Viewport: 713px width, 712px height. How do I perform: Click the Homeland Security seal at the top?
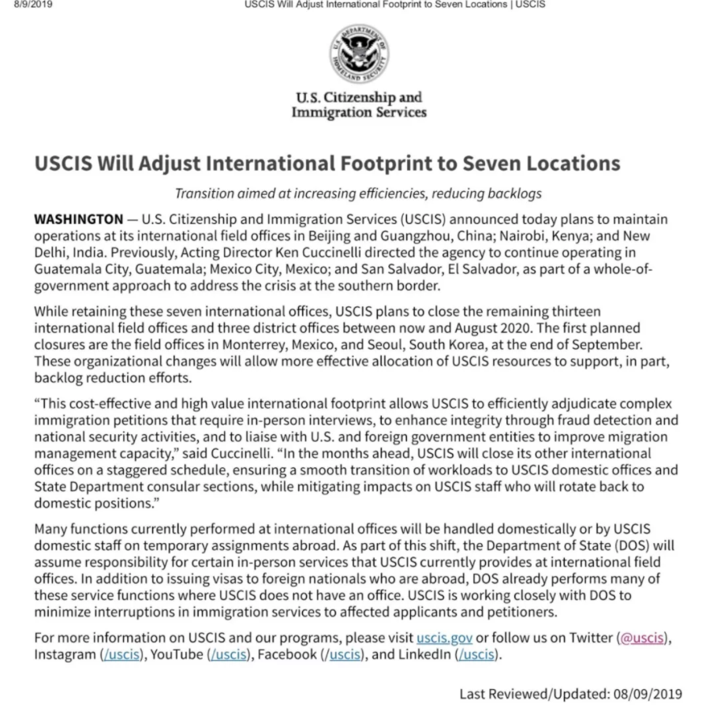pos(359,54)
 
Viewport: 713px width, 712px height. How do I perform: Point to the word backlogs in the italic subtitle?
pos(515,193)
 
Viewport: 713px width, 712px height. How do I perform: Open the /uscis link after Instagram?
pos(120,654)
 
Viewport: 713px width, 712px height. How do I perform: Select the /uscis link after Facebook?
pos(344,654)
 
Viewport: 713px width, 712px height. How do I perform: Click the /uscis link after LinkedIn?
pos(477,654)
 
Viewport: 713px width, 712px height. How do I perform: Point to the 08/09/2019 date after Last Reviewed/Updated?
pos(647,694)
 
